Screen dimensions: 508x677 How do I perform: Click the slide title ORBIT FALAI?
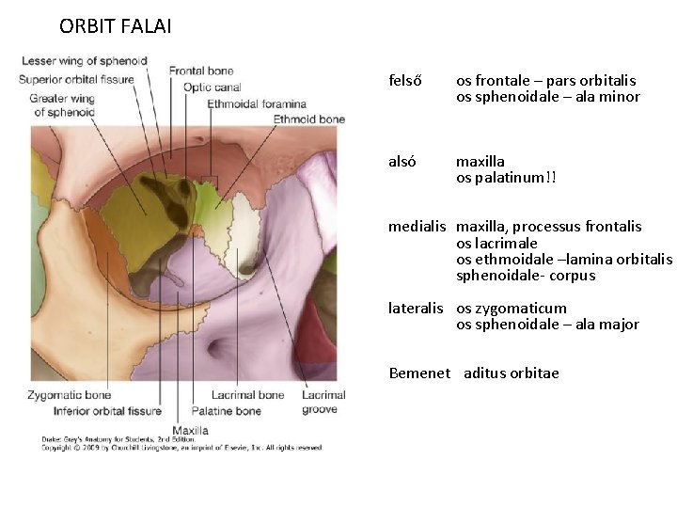click(x=115, y=26)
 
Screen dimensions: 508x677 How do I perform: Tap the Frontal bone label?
click(x=201, y=71)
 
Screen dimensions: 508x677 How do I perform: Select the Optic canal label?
click(x=212, y=87)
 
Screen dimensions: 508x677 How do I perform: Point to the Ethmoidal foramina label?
click(x=257, y=103)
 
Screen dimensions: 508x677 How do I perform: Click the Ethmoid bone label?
click(x=309, y=119)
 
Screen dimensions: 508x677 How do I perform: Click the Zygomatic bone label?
click(x=70, y=395)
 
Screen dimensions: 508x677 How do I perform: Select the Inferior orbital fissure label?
click(x=107, y=411)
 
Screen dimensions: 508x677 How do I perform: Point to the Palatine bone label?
click(x=226, y=411)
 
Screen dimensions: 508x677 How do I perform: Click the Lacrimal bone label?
click(x=247, y=395)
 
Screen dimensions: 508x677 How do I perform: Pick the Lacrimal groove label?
click(x=323, y=402)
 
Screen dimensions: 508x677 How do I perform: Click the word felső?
click(x=404, y=81)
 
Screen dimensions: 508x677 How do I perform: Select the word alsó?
click(x=402, y=162)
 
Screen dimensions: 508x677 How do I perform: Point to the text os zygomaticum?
click(x=512, y=309)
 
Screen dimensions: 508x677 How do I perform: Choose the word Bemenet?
click(x=419, y=373)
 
